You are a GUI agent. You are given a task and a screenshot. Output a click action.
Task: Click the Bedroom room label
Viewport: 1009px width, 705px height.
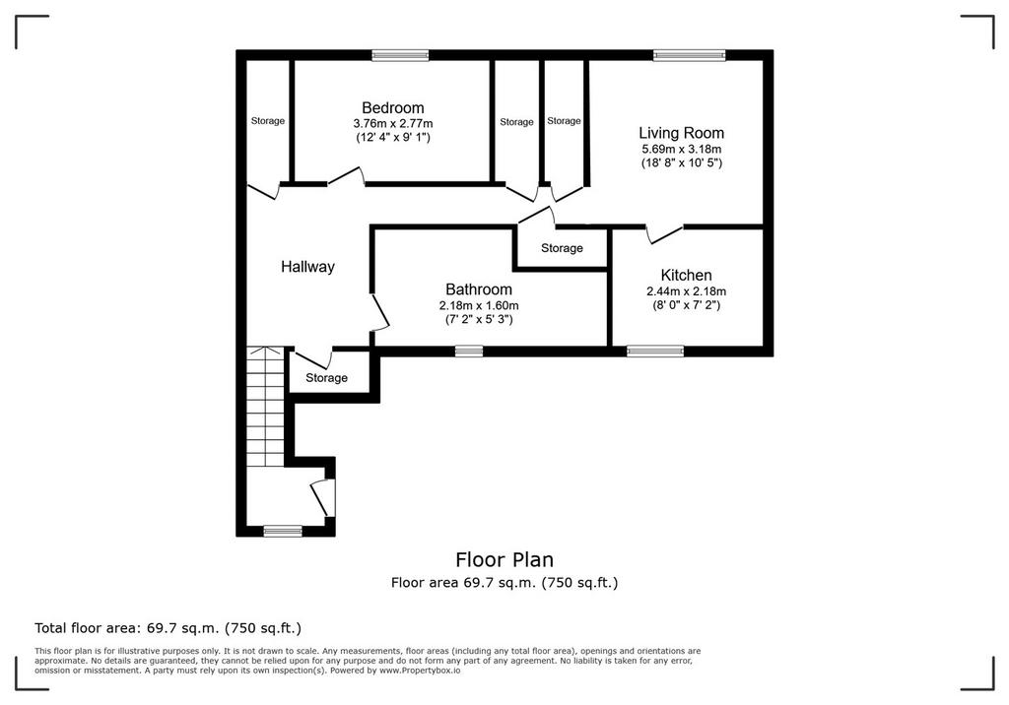coord(392,108)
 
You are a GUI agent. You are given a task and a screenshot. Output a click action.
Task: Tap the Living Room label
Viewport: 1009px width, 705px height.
coord(681,133)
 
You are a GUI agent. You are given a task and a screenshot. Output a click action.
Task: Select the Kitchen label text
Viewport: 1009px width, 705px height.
coord(686,276)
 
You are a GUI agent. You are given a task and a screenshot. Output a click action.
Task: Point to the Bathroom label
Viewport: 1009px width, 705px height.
coord(479,289)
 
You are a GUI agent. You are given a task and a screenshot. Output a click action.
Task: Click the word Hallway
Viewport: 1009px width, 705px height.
coord(307,267)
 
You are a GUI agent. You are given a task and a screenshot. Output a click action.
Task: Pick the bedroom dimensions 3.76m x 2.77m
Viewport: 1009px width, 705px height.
coord(392,123)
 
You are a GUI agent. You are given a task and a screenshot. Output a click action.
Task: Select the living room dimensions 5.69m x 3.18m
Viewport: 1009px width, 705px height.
coord(681,150)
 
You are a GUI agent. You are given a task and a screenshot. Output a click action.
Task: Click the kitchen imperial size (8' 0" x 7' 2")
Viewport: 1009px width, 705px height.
coord(686,305)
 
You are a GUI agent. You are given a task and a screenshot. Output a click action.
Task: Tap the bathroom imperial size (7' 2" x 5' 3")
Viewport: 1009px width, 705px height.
coord(479,320)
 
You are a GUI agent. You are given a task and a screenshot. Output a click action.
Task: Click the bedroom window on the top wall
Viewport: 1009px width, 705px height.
coord(400,55)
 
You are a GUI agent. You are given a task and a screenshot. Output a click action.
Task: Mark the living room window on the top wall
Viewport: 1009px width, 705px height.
coord(689,55)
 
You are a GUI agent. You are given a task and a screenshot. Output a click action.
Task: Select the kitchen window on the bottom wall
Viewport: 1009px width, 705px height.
coord(655,351)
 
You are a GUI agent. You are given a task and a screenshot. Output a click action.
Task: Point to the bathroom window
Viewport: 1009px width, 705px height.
coord(468,351)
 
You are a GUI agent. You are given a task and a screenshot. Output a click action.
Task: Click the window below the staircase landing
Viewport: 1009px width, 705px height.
coord(283,531)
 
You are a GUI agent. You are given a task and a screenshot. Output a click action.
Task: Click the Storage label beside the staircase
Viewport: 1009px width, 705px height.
coord(326,378)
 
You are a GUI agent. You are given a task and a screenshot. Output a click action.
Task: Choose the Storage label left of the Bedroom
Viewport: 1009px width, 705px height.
coord(268,121)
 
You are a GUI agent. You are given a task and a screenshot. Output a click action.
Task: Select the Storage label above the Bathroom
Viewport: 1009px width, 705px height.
coord(562,248)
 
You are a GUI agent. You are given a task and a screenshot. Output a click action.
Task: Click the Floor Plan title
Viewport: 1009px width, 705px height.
coord(504,559)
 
